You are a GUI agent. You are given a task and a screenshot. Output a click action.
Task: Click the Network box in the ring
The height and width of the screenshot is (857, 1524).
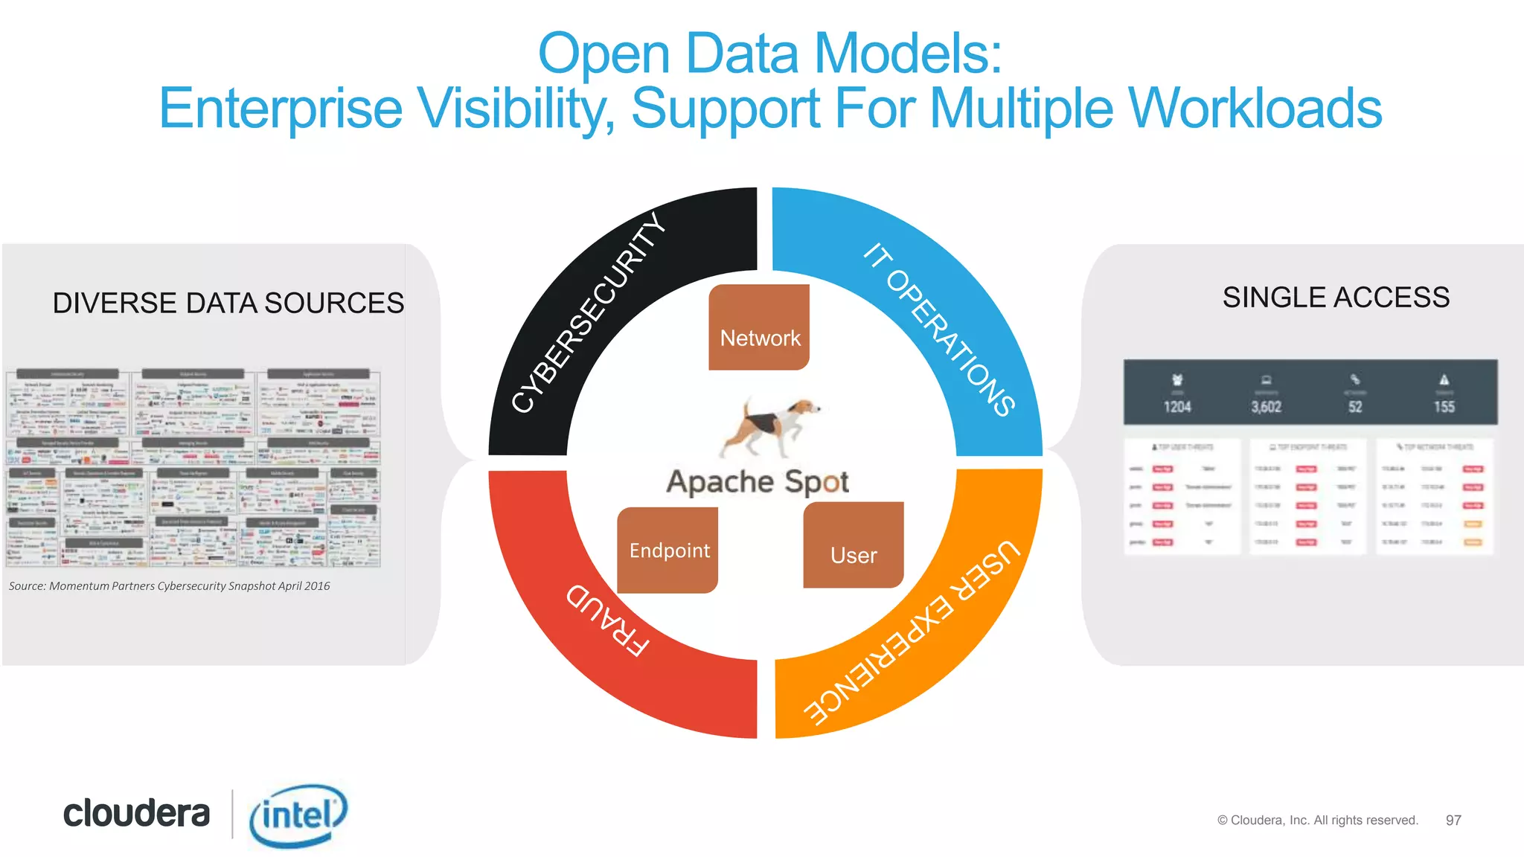pos(759,327)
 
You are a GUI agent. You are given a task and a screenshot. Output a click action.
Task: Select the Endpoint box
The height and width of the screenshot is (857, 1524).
pos(668,550)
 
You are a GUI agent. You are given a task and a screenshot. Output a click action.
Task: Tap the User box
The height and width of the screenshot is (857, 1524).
pos(854,545)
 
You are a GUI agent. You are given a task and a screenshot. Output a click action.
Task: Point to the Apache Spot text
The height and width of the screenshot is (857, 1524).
pos(758,482)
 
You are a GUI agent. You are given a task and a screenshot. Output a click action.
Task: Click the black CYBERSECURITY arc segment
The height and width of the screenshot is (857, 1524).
pos(588,312)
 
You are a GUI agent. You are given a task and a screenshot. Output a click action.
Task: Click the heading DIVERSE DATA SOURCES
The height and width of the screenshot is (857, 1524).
pos(228,303)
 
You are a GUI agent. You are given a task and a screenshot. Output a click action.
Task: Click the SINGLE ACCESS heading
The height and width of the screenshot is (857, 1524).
pos(1336,298)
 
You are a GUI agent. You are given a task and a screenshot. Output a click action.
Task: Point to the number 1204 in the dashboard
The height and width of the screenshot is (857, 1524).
pos(1177,407)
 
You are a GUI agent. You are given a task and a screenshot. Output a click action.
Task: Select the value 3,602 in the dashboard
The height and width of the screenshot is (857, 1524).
pos(1266,407)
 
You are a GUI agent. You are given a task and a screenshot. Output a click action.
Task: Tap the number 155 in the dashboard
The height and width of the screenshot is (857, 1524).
pos(1444,407)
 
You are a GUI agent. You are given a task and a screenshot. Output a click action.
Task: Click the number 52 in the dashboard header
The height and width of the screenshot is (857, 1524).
pos(1355,407)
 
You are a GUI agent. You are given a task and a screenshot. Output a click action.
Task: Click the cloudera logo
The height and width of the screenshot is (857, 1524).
pos(136,813)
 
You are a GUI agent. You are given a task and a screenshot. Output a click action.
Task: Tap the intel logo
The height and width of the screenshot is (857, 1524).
pos(298,815)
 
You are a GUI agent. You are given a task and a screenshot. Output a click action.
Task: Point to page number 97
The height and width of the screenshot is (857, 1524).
pos(1453,820)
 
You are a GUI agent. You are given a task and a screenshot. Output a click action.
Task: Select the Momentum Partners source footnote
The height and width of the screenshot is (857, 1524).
pos(170,586)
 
